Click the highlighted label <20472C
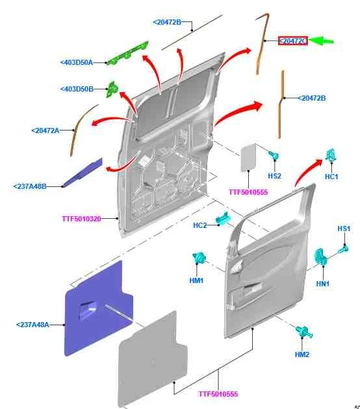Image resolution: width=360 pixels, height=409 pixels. point(292,41)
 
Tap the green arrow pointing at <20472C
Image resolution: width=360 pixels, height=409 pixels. point(322,41)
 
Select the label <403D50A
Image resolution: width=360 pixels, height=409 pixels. point(77,62)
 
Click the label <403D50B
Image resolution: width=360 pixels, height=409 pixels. point(77,89)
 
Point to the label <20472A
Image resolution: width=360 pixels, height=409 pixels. point(45,130)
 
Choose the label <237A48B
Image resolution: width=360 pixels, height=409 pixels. point(30,186)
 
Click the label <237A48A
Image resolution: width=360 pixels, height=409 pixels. point(32,325)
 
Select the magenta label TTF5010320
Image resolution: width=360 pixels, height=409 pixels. point(81,219)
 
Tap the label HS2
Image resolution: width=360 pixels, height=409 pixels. point(275,176)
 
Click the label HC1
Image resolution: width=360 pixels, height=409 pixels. point(331,177)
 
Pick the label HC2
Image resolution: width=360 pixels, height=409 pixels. point(200,225)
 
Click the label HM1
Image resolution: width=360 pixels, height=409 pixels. point(196,280)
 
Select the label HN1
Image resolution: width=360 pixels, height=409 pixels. point(323,284)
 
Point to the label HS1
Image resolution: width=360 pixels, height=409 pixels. point(344,229)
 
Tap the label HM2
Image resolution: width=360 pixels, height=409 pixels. point(302,354)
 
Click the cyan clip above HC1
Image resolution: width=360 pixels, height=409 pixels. point(331,155)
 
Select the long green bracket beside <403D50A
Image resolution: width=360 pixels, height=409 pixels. point(127,53)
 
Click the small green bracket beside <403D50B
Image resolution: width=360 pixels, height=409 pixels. point(112,89)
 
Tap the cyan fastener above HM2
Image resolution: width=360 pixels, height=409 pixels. point(304,332)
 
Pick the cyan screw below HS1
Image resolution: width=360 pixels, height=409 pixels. point(344,249)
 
